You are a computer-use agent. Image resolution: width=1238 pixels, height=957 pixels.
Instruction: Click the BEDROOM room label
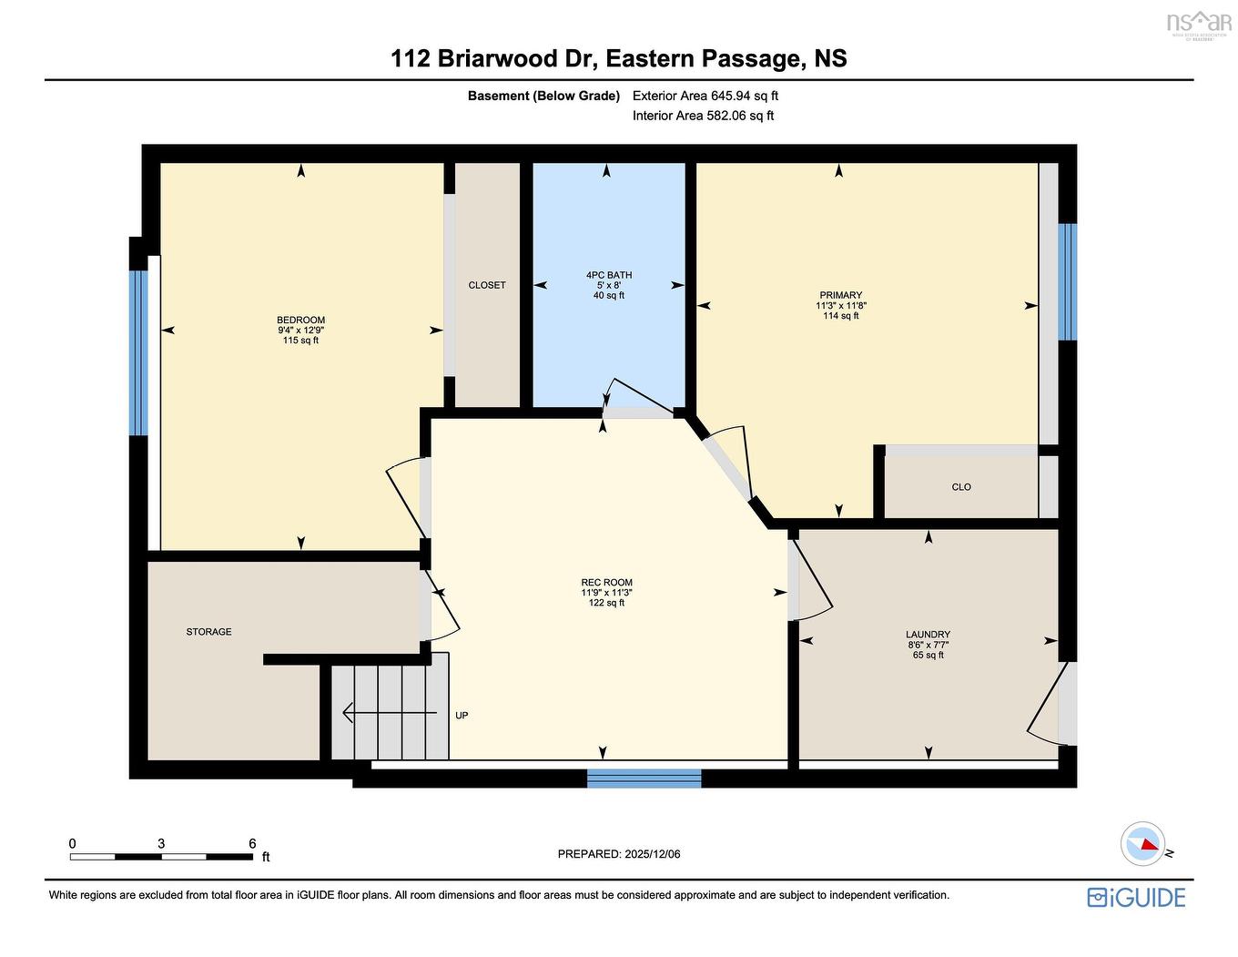tap(300, 320)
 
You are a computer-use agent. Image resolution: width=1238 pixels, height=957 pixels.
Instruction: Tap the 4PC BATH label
tap(608, 275)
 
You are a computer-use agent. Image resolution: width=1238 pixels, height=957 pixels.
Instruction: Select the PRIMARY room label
tap(840, 295)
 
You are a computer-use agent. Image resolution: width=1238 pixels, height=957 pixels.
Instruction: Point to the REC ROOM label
tap(606, 583)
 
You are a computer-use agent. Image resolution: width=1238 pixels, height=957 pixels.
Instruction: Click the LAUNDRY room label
tap(928, 635)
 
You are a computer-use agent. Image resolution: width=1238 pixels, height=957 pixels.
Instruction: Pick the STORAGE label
tap(208, 632)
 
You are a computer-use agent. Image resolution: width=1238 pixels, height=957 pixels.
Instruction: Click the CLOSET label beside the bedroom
tap(487, 285)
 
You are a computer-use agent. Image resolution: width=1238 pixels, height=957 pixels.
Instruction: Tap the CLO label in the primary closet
tap(961, 487)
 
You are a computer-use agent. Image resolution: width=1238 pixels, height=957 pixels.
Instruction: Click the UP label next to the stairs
tap(462, 716)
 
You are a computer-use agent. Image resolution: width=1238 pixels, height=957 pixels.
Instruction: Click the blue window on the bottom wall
tap(644, 779)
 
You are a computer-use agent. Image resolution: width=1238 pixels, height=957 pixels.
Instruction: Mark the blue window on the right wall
tap(1067, 281)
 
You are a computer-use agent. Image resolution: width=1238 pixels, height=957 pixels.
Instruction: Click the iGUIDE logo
tap(1136, 897)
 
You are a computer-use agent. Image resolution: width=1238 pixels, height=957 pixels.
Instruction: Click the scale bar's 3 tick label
tap(161, 844)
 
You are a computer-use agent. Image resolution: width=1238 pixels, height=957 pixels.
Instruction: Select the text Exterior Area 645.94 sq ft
tap(705, 96)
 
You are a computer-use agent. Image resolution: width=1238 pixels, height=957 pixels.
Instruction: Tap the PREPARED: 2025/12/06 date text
tap(618, 854)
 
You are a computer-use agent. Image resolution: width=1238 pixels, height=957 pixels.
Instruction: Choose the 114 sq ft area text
tap(840, 316)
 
